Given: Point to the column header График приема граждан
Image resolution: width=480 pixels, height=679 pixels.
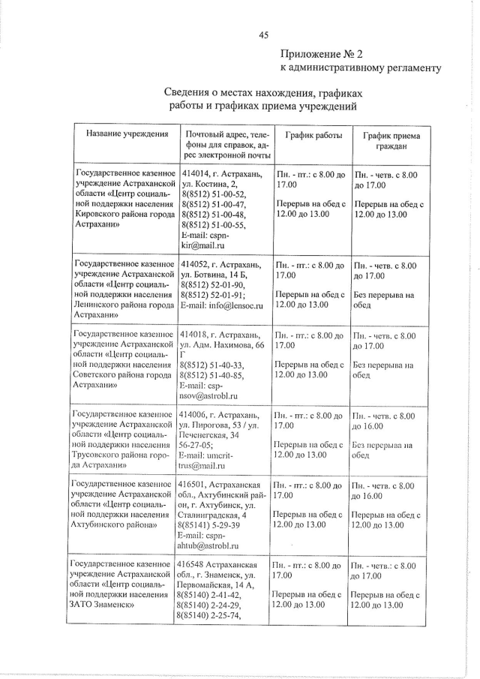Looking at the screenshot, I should tap(391, 141).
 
